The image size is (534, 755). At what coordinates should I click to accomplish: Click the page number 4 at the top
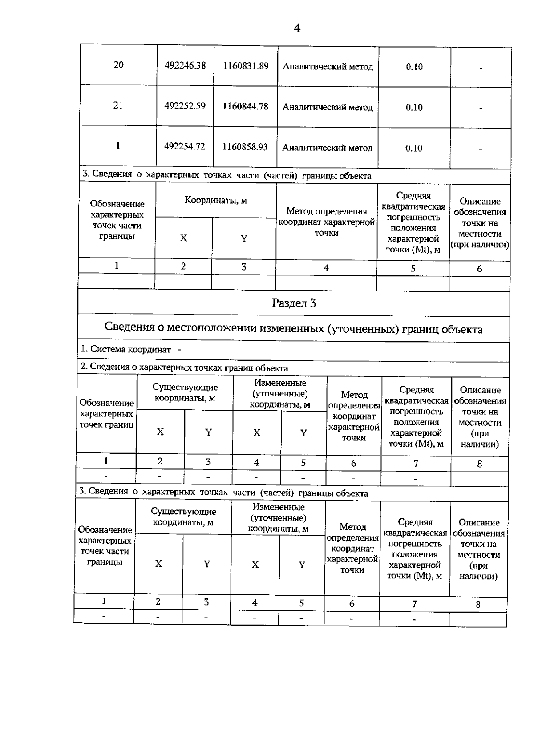pos(297,28)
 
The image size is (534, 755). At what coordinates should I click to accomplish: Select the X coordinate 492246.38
pos(185,65)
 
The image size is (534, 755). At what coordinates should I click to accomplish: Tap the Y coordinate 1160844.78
pos(246,106)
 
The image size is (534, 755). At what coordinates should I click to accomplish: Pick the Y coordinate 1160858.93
pos(245,147)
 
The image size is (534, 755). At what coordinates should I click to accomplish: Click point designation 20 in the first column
pos(118,65)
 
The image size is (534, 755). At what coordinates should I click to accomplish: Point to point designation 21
pos(118,105)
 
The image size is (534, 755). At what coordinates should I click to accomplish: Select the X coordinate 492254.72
pos(185,146)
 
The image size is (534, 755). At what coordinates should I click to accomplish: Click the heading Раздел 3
pos(294,303)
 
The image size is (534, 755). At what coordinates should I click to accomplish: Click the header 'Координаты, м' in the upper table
pos(216,200)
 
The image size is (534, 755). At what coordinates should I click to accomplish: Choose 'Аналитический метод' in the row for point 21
pos(328,107)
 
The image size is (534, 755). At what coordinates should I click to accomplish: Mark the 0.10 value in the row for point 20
pos(414,67)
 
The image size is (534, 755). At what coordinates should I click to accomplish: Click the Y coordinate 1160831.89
pos(246,66)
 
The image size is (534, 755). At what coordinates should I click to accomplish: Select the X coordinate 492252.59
pos(185,106)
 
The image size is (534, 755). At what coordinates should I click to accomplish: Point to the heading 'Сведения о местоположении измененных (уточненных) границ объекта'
pos(294,328)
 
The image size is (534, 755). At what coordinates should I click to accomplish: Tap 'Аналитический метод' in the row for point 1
pos(327,148)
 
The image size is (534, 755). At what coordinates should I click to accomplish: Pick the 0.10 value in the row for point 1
pos(414,148)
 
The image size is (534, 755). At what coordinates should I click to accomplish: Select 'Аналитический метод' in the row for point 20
pos(328,67)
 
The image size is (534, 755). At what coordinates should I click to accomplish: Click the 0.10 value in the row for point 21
pos(414,107)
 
